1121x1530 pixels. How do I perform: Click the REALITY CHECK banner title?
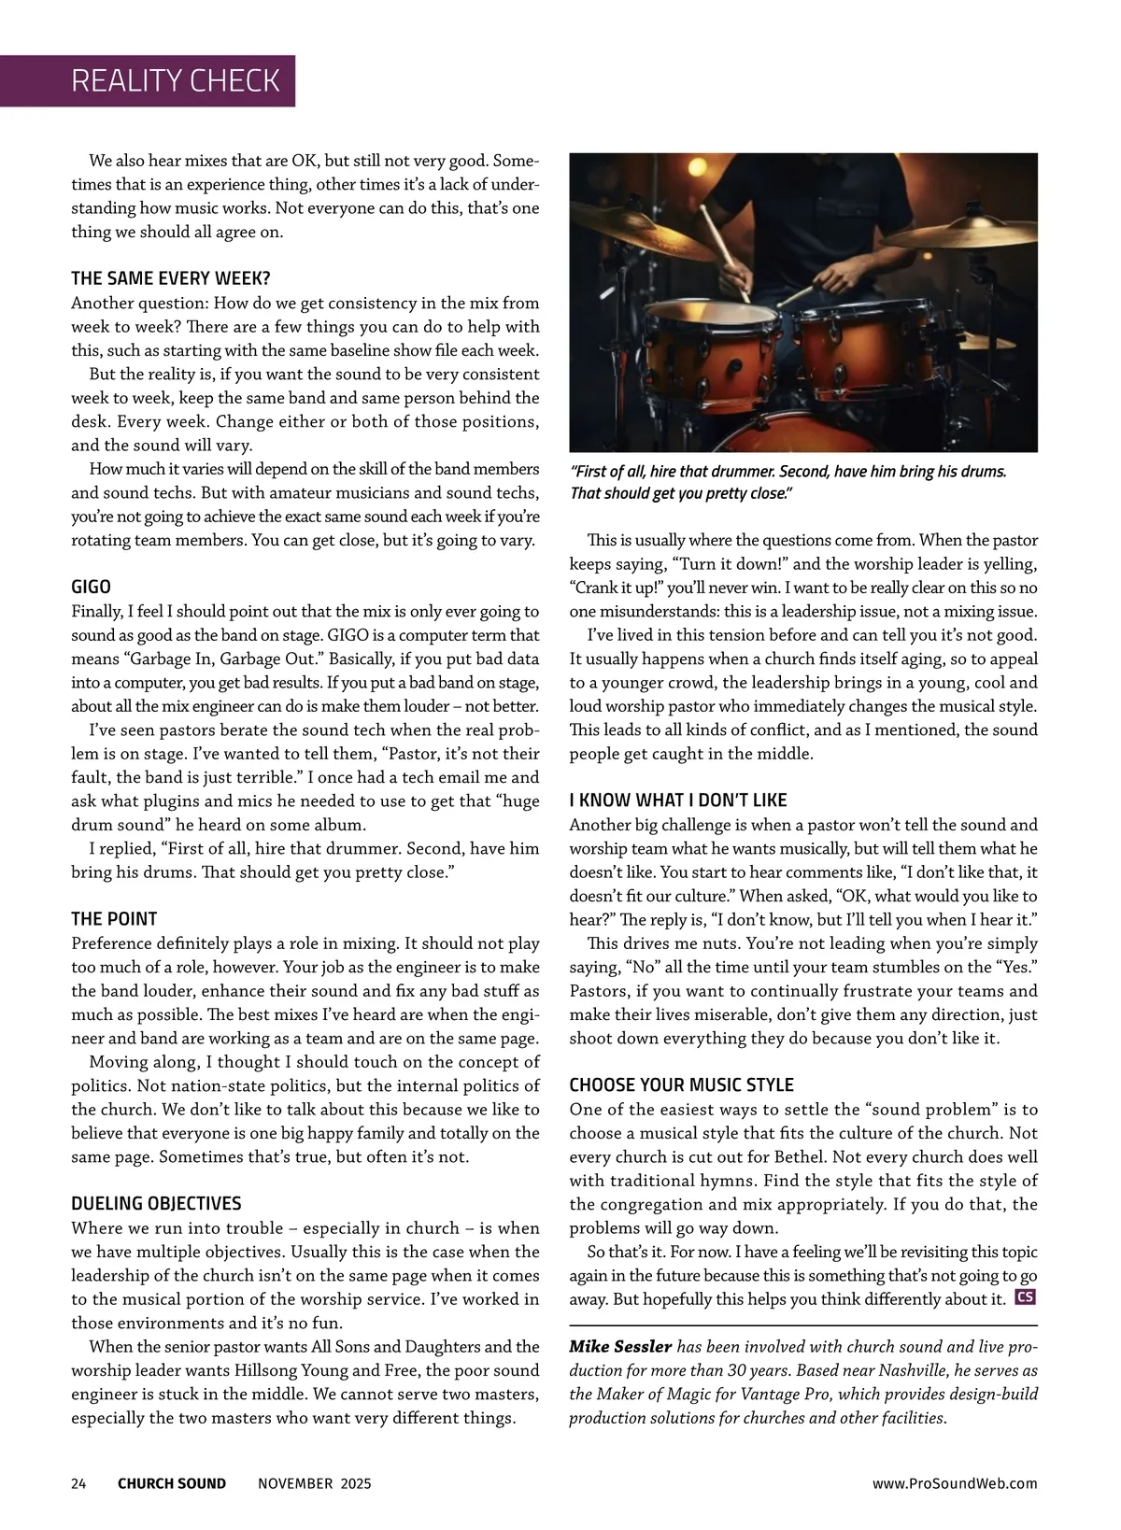[x=175, y=80]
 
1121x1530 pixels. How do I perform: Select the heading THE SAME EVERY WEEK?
[x=171, y=278]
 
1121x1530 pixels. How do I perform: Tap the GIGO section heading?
[x=91, y=587]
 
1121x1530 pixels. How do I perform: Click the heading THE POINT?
[x=114, y=918]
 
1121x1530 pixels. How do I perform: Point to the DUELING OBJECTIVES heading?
[x=156, y=1203]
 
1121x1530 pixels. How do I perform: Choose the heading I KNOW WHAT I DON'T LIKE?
[x=678, y=800]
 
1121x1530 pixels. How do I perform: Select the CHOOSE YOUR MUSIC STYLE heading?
[x=681, y=1084]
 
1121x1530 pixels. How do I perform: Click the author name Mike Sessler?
[x=620, y=1347]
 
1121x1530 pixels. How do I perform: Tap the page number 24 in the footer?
[x=78, y=1483]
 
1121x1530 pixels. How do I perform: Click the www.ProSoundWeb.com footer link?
[x=955, y=1483]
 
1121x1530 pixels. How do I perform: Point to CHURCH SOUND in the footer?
[x=172, y=1483]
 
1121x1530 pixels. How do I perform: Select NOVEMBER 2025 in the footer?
[x=314, y=1483]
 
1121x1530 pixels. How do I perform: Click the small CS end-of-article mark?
[x=1026, y=1297]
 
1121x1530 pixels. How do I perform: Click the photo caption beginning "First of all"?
[x=788, y=482]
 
